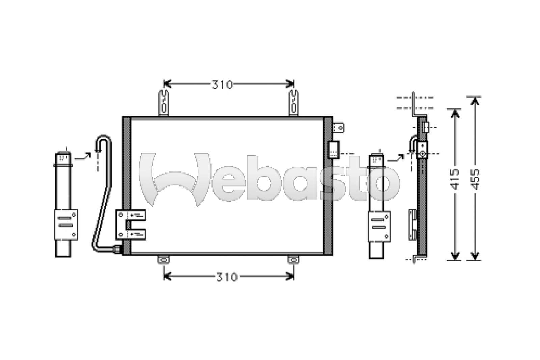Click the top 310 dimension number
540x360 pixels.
click(222, 85)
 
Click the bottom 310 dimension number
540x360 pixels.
click(227, 277)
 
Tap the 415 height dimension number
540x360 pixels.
click(455, 179)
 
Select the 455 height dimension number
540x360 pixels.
click(475, 179)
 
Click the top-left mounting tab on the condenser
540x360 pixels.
click(164, 103)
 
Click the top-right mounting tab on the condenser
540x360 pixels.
click(294, 103)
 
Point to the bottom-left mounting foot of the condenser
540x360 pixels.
click(164, 260)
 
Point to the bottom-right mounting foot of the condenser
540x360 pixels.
click(294, 260)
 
